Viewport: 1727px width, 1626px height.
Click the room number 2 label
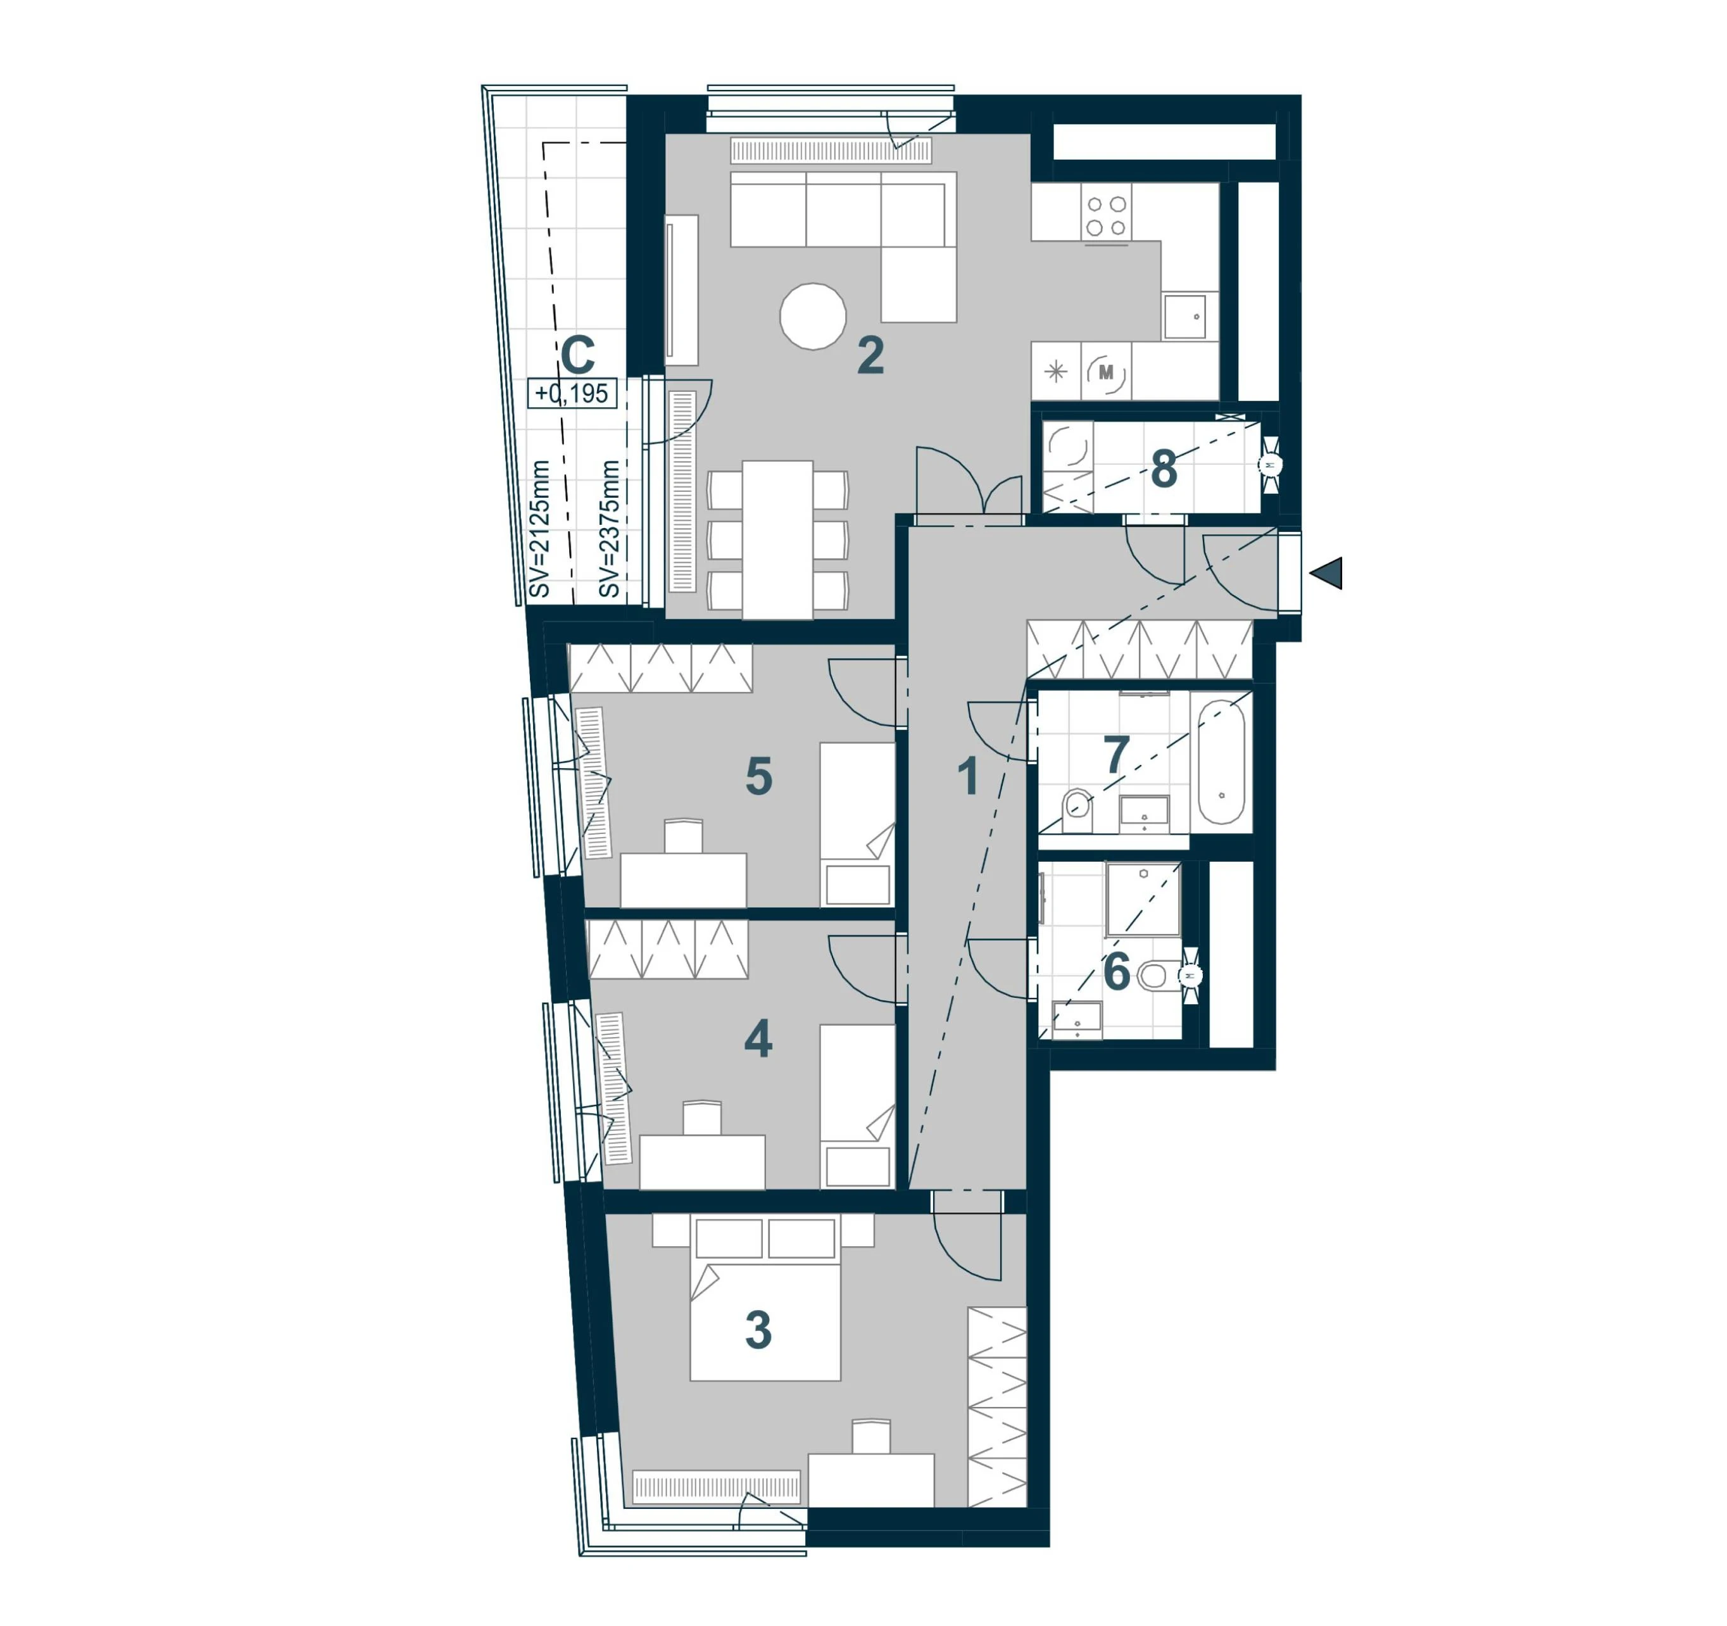pos(870,355)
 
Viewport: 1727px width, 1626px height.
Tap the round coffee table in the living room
pos(813,317)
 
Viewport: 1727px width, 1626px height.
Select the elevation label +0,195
pos(572,394)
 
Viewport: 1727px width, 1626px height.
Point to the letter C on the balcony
pos(578,355)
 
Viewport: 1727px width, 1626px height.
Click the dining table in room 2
pos(777,539)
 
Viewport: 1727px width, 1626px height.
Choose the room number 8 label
pos(1164,470)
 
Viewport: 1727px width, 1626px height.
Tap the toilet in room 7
pos(1078,811)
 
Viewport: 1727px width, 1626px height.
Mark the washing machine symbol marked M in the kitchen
pos(1106,372)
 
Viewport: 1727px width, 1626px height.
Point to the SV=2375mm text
pos(610,529)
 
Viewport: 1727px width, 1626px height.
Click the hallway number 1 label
pos(968,777)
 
